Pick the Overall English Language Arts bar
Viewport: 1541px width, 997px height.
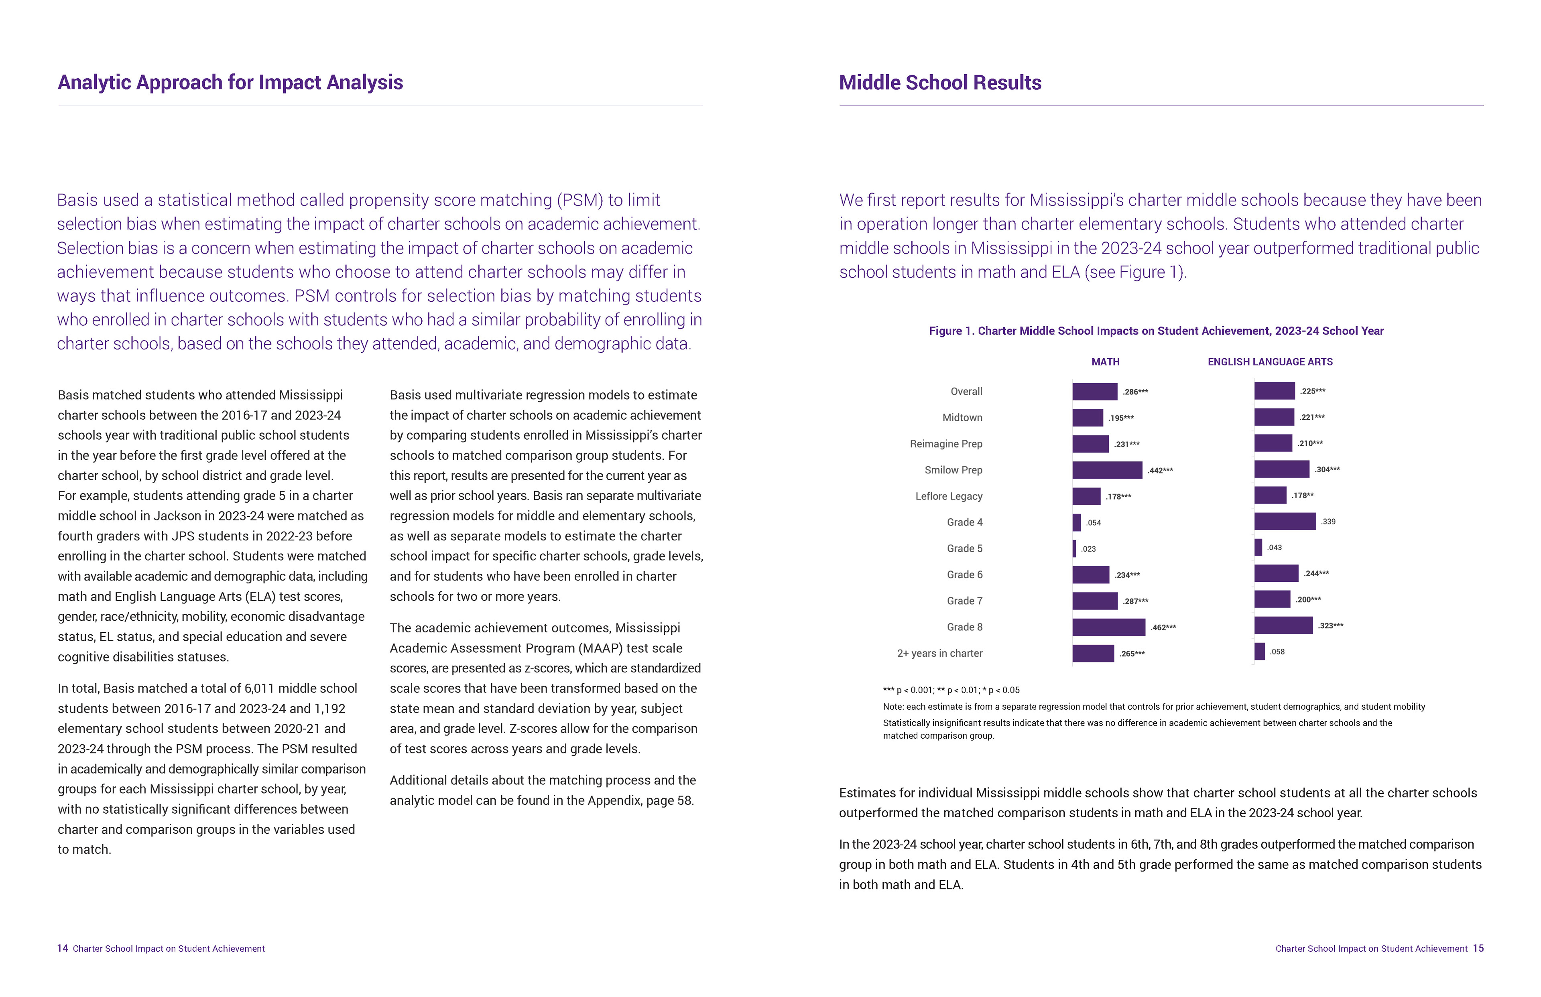(1274, 391)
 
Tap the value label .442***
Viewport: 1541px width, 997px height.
(1160, 471)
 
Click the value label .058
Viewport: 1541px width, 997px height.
(1277, 652)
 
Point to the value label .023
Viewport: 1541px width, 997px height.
(1088, 549)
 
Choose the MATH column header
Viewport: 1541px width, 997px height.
(1105, 362)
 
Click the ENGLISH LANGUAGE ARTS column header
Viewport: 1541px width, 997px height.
(1270, 362)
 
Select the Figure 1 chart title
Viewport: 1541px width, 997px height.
(1156, 331)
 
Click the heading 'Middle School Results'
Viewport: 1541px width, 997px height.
(939, 83)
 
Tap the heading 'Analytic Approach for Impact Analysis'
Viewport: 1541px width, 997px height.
(230, 83)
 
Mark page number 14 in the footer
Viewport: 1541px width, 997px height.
(62, 948)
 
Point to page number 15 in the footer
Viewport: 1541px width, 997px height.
(1478, 948)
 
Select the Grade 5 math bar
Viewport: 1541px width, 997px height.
(1074, 548)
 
